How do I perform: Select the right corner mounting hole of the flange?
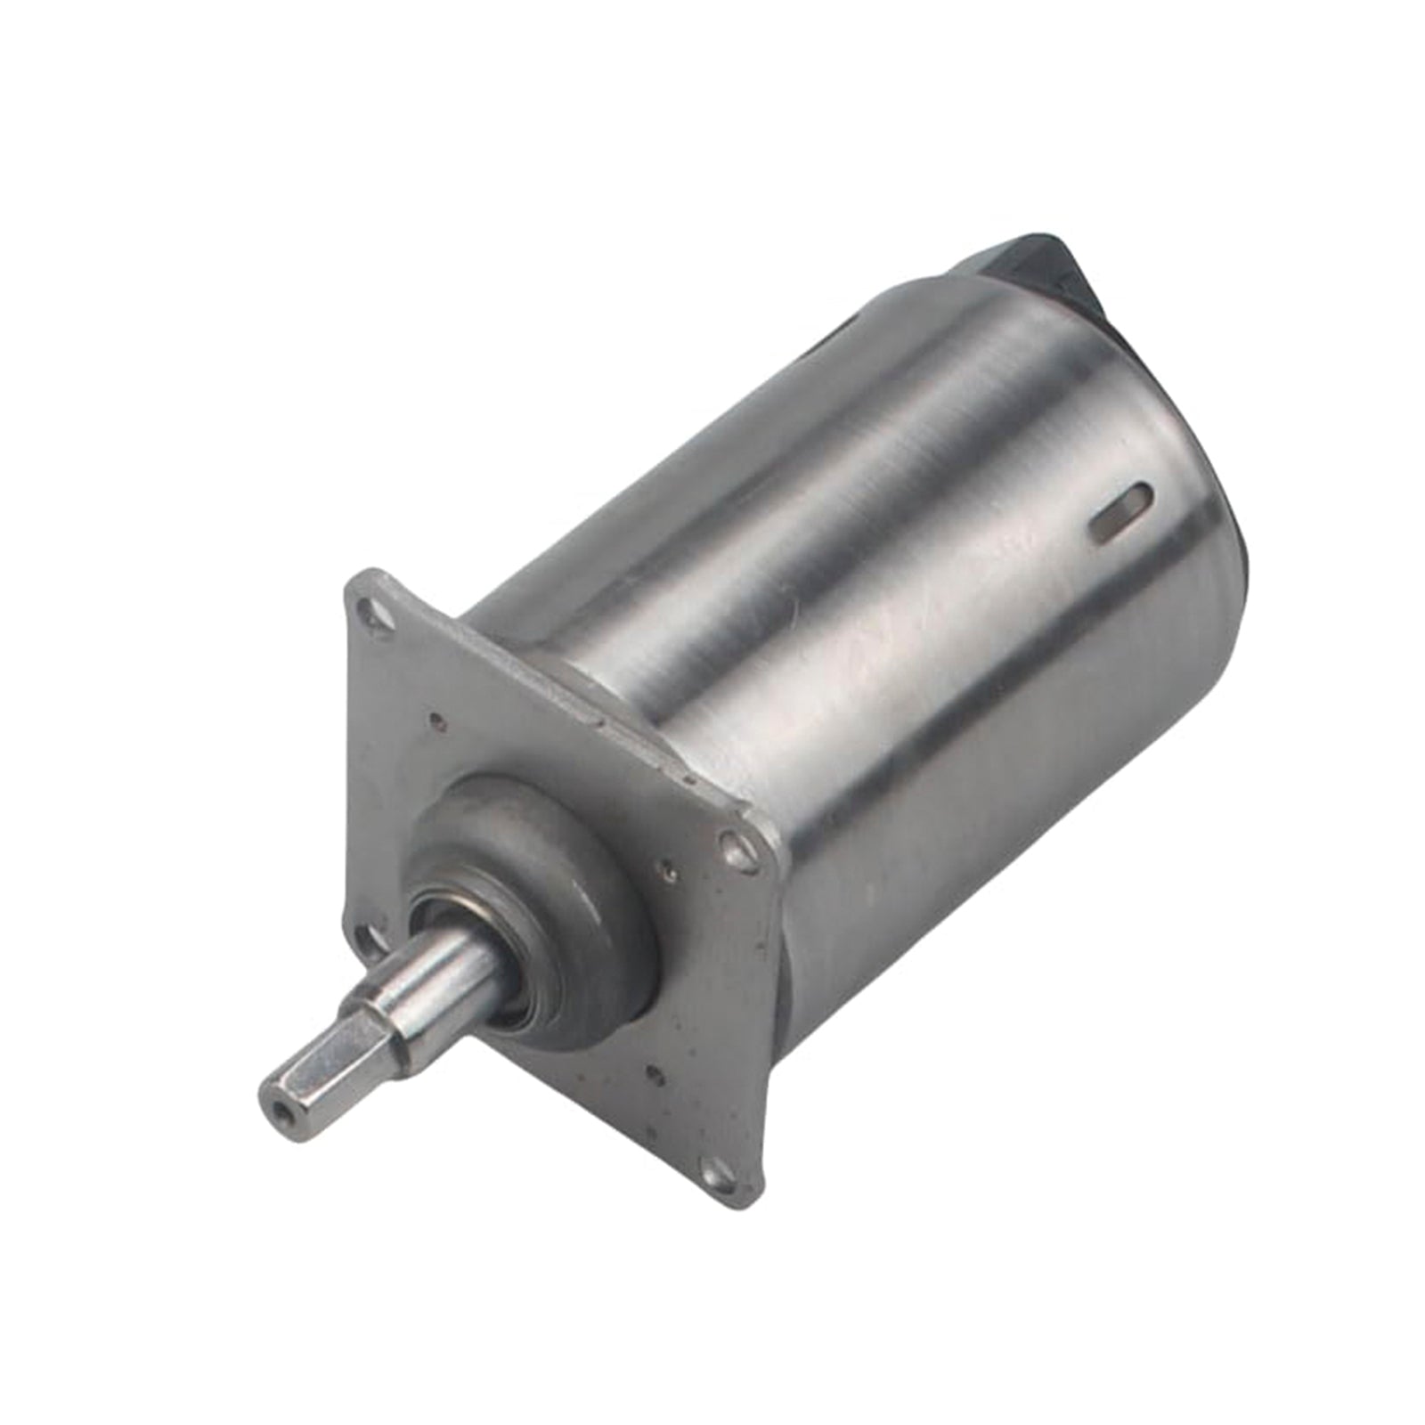pyautogui.click(x=736, y=847)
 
